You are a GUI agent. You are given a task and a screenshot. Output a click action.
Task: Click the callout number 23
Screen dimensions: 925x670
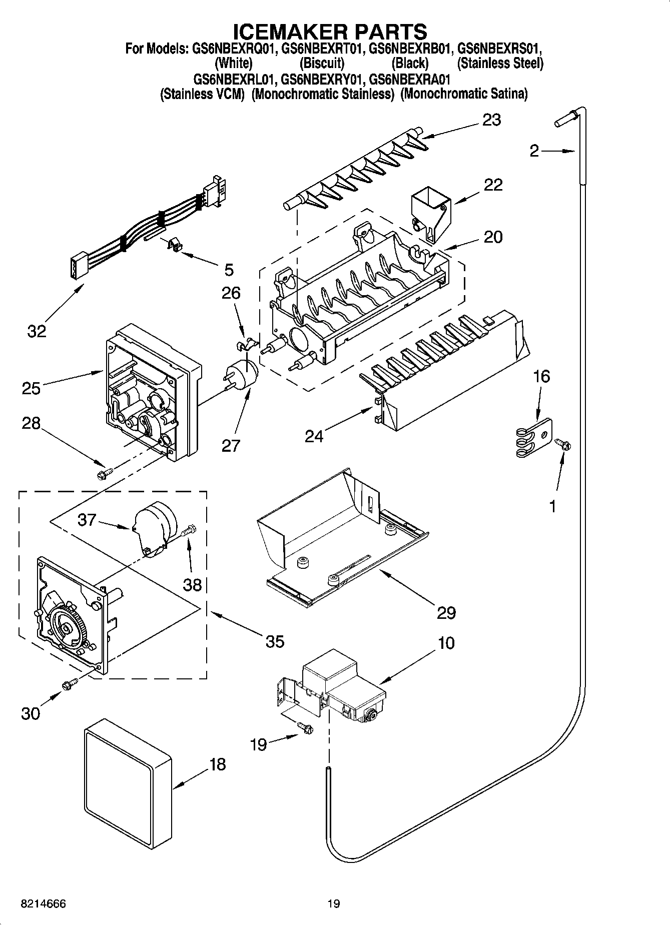tap(491, 120)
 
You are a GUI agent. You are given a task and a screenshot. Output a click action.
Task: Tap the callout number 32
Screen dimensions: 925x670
tap(37, 331)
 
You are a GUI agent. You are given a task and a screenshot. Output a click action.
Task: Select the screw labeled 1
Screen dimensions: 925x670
tap(562, 444)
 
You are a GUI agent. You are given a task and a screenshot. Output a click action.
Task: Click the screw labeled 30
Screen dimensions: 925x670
tap(69, 683)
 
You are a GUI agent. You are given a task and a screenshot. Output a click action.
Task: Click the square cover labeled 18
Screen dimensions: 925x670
tap(127, 787)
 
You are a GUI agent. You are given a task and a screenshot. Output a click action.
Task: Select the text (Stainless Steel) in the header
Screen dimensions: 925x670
tap(500, 64)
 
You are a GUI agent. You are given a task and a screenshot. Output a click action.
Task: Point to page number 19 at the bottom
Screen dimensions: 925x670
tap(334, 904)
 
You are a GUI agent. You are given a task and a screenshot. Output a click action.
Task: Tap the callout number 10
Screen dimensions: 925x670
tap(446, 643)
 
